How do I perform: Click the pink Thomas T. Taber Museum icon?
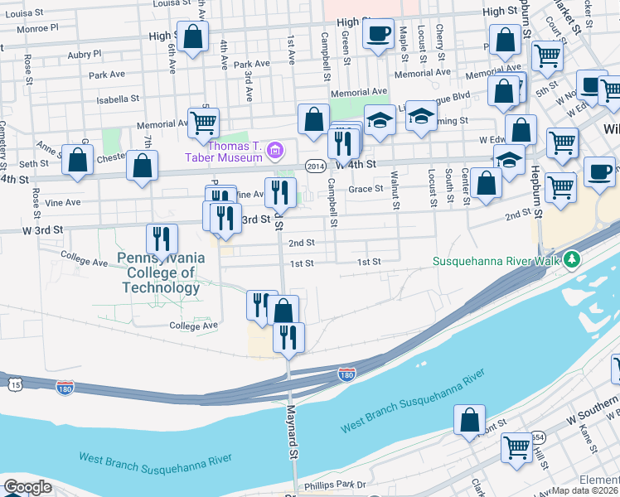[x=275, y=152]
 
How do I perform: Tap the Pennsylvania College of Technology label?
[x=161, y=273]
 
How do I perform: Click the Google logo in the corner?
[x=27, y=487]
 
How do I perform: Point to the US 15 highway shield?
[x=15, y=384]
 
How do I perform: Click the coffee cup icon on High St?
[x=379, y=35]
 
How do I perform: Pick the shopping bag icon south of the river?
[x=470, y=420]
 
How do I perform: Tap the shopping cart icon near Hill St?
[x=517, y=447]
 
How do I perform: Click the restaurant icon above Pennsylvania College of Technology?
[x=162, y=239]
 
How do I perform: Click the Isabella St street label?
[x=118, y=99]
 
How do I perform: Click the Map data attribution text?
[x=585, y=490]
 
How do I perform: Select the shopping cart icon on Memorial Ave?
[x=203, y=123]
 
